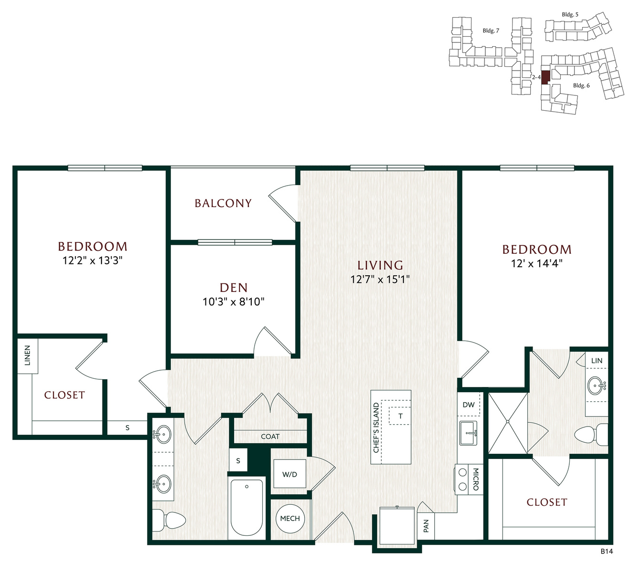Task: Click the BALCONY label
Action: pos(223,203)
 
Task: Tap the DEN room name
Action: pos(234,288)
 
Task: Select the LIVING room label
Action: pos(380,265)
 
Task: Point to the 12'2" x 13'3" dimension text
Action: pos(92,261)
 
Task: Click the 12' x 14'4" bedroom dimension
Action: pos(537,263)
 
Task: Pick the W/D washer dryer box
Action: pos(289,474)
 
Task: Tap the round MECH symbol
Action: pos(290,518)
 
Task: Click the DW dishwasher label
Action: pos(469,405)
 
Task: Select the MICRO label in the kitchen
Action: pos(475,480)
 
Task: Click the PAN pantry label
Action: pos(426,526)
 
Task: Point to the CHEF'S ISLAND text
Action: pos(376,427)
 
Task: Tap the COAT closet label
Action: pos(270,437)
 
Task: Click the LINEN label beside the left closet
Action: pos(28,355)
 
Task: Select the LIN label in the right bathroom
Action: pos(597,361)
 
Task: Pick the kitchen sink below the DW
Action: pos(469,433)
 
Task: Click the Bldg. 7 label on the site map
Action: pos(491,31)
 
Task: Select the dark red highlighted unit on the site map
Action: pos(546,77)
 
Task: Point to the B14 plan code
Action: pos(606,551)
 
